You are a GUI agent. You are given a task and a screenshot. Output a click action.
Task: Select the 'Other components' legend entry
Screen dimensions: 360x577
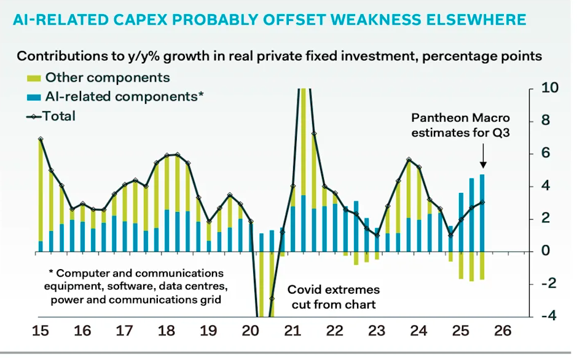pos(108,78)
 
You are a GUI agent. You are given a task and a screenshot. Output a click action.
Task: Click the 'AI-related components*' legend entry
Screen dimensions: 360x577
pos(124,96)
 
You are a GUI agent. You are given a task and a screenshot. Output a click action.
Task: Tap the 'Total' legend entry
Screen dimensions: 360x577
pos(59,115)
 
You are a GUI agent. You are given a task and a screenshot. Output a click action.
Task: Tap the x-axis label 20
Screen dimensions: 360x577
pos(250,331)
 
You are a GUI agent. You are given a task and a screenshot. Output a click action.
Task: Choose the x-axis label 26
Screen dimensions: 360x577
pos(502,331)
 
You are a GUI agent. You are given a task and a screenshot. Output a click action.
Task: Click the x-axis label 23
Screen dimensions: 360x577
pos(376,331)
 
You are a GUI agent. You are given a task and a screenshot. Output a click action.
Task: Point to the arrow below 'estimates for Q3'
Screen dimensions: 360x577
pos(483,155)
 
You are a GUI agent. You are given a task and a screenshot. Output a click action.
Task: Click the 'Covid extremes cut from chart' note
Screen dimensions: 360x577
pos(334,295)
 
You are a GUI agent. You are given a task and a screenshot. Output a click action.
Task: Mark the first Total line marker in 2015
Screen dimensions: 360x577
pos(41,139)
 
